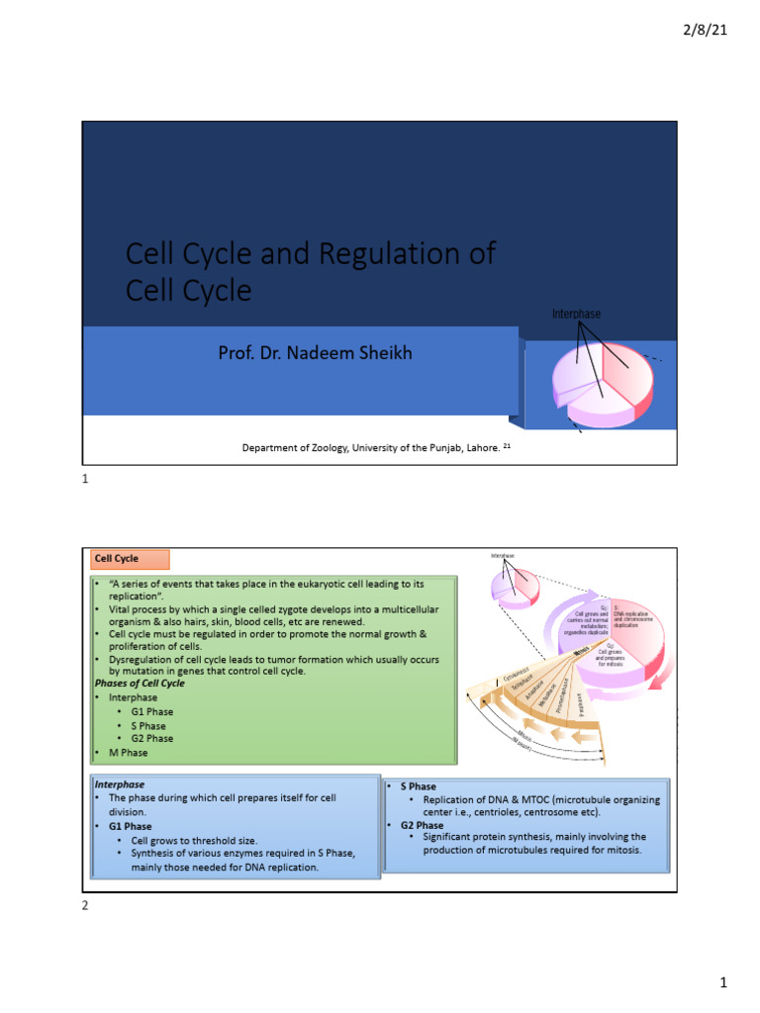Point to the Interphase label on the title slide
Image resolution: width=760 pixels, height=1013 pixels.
click(x=576, y=315)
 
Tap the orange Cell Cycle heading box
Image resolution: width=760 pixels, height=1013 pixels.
click(x=130, y=559)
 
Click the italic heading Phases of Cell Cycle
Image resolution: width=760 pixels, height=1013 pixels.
click(x=140, y=684)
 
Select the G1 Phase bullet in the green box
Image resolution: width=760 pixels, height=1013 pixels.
click(x=151, y=711)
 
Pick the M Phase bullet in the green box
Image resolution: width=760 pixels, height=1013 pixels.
click(x=128, y=753)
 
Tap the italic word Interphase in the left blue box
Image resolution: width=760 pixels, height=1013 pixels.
click(x=119, y=784)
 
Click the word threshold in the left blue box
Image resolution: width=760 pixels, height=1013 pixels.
click(x=214, y=840)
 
